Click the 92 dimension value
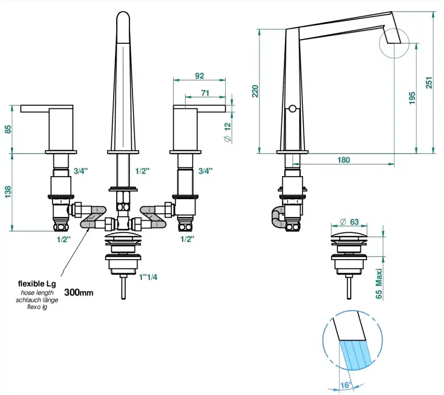point(199,76)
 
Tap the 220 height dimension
point(255,91)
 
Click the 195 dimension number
point(412,97)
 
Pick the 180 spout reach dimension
point(344,160)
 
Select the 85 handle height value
point(8,129)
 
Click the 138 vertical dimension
point(8,192)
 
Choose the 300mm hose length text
point(79,293)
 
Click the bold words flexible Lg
point(37,284)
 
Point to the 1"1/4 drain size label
point(148,277)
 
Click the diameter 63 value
point(350,221)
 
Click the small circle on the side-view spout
point(292,108)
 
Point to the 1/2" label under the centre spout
point(142,171)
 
